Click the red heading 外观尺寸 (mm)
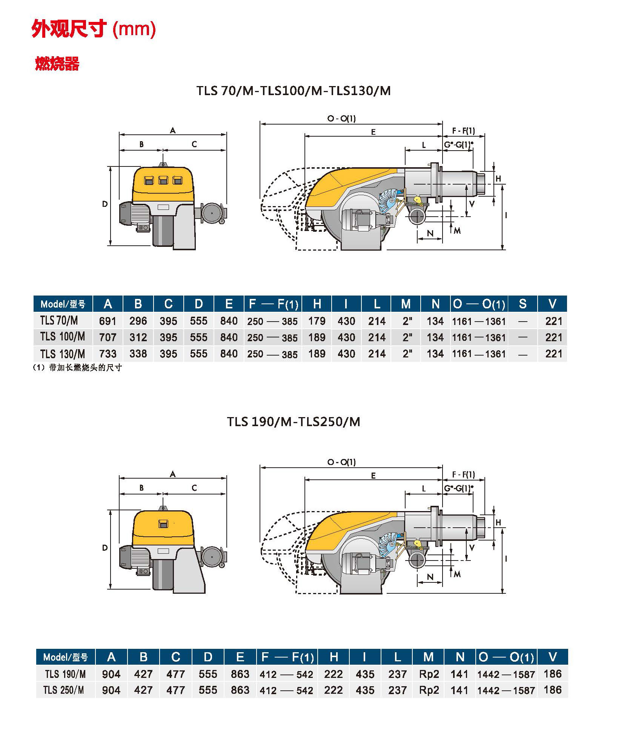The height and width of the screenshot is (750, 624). (x=94, y=29)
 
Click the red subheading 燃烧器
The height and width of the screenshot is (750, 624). (x=57, y=64)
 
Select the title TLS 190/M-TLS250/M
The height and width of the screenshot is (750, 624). (x=293, y=422)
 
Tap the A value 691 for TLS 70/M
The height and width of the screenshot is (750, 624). (x=108, y=321)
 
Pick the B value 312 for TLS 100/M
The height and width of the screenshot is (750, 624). (x=138, y=337)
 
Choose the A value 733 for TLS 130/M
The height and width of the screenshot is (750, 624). (x=108, y=354)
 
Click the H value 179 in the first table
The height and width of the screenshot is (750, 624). (x=317, y=321)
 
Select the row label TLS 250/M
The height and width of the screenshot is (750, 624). (x=64, y=690)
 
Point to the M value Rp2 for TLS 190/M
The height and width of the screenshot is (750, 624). (x=429, y=674)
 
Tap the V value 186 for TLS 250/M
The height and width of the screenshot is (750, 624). (x=553, y=690)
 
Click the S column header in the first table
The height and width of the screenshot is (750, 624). (x=523, y=304)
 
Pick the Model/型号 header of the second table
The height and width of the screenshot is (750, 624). (x=65, y=658)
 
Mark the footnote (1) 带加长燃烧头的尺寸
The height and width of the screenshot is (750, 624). (x=77, y=368)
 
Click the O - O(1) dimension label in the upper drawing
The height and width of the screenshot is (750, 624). (x=341, y=119)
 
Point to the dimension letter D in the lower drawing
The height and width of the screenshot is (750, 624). (x=105, y=548)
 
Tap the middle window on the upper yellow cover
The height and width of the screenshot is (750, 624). (x=163, y=180)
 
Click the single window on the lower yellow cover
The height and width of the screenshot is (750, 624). (x=163, y=524)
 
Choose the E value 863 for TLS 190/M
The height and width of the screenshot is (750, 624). (x=240, y=674)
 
